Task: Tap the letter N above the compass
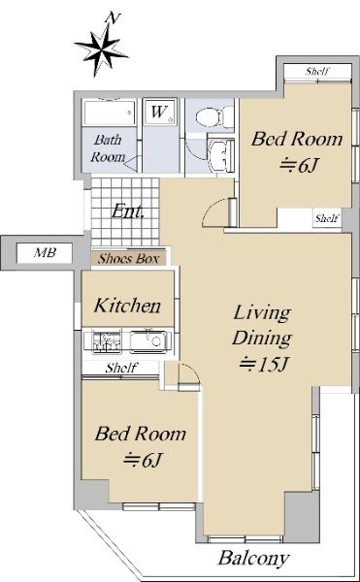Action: pos(112,17)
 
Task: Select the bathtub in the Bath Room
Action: pos(109,113)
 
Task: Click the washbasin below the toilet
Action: pos(221,155)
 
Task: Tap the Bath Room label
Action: pos(108,148)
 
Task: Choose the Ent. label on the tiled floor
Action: pos(127,211)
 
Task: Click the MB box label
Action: pos(45,253)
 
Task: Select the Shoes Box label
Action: pos(128,259)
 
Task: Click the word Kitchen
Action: pos(128,306)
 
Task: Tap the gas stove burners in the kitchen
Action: pos(107,341)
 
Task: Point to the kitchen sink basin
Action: pos(150,340)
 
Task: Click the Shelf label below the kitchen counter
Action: pos(121,368)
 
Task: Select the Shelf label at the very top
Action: pos(317,71)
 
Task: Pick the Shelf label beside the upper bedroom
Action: pos(327,218)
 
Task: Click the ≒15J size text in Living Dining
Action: pos(264,365)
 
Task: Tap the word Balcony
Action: pos(254,559)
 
